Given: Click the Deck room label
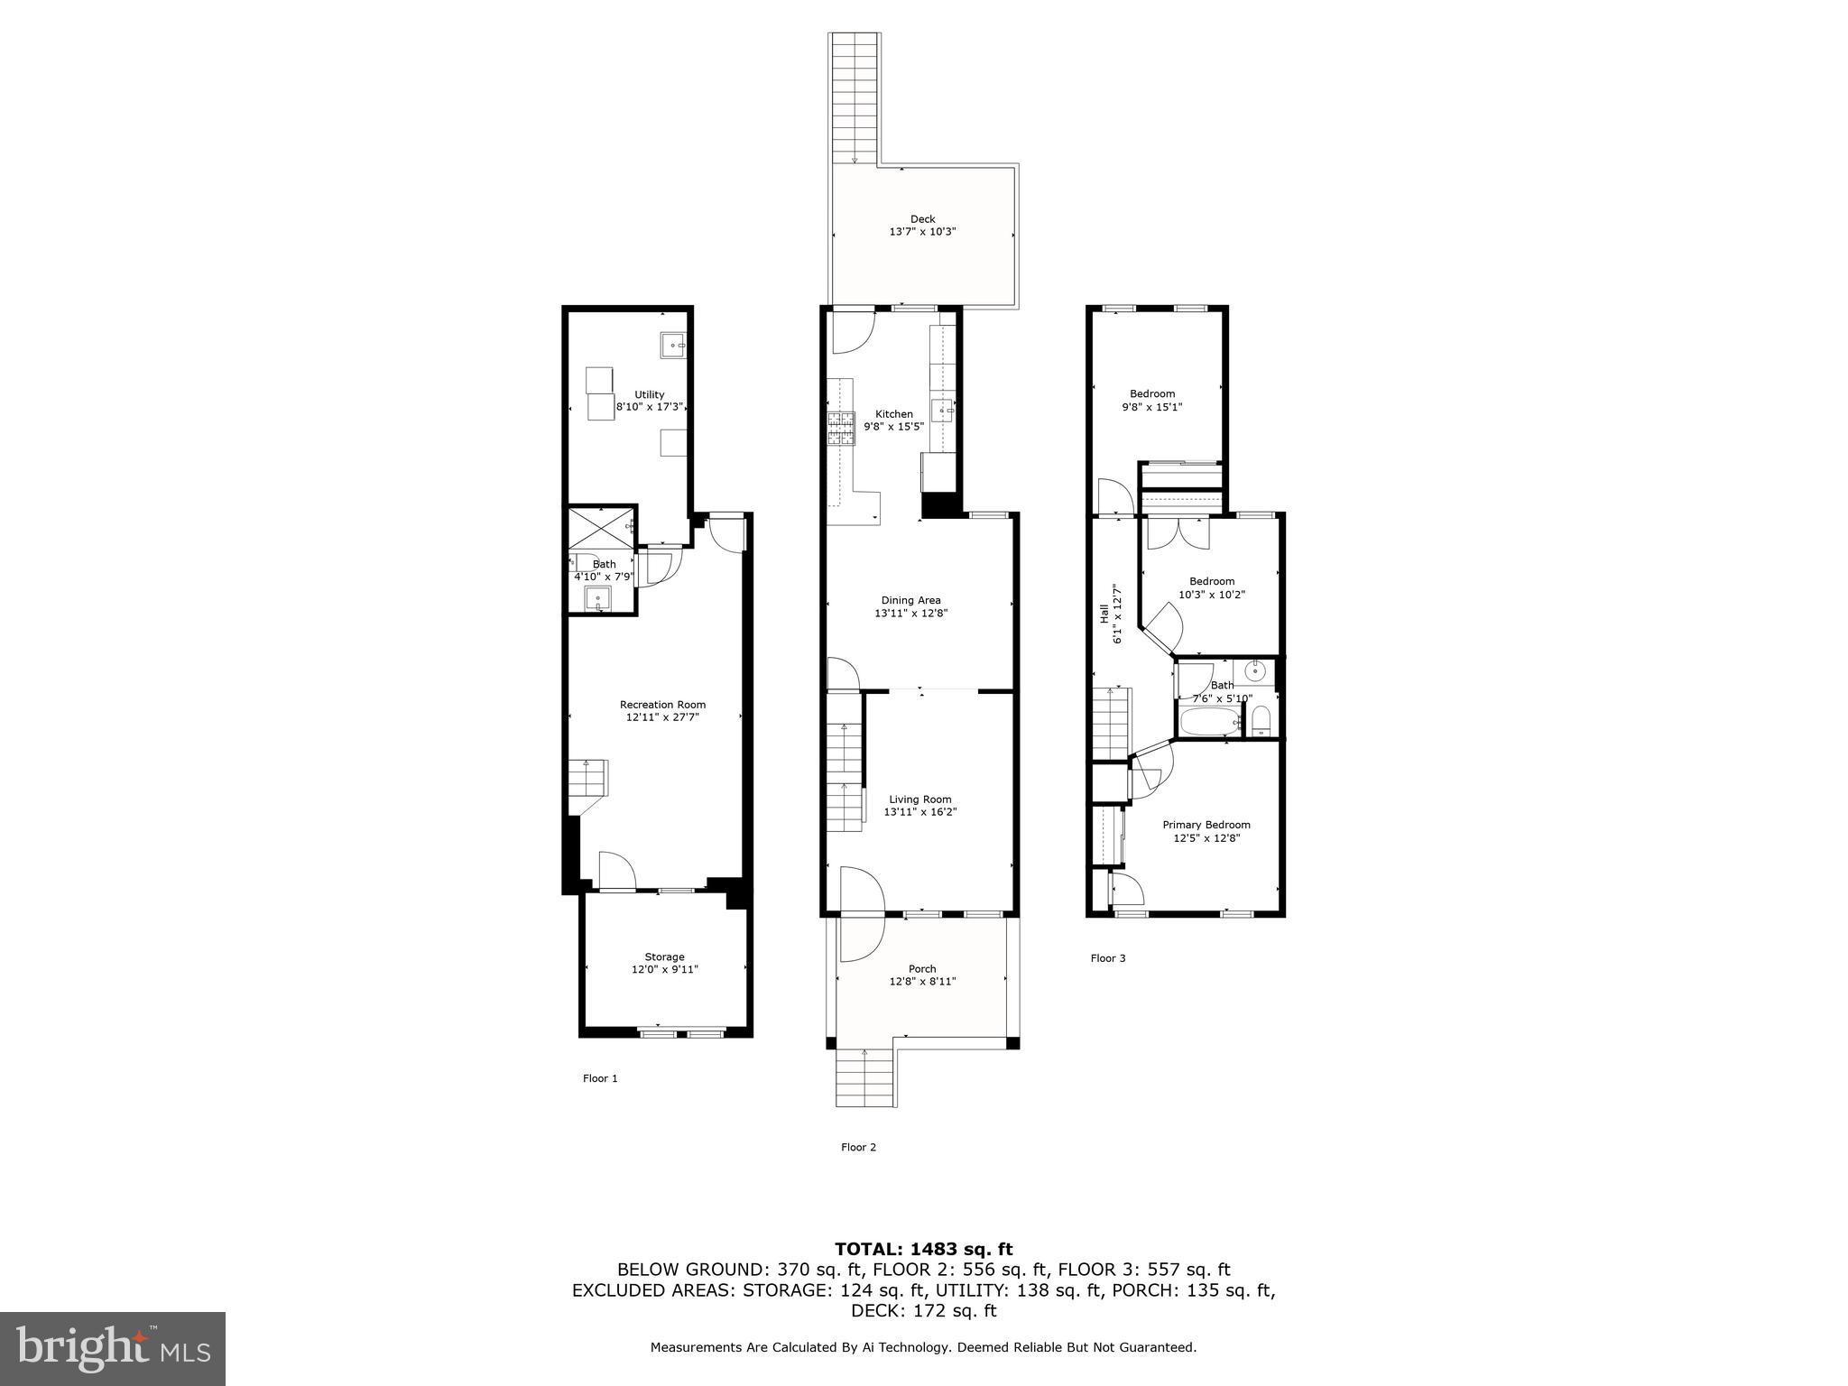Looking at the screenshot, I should pos(922,219).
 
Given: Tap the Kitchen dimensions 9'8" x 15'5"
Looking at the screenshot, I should pos(893,427).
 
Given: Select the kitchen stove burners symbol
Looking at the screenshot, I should pos(841,429).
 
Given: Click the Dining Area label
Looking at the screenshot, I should pos(910,600).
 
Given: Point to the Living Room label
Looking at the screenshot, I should pos(919,799).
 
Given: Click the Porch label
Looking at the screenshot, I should pos(922,969).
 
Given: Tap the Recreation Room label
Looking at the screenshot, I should pos(662,705).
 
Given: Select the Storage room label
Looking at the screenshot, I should pos(664,957).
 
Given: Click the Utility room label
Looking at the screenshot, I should pos(649,394).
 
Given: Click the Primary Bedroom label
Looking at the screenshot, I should pos(1206,825).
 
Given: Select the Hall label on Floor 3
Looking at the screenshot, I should pos(1104,614).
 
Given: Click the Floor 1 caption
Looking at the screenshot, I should pos(600,1078).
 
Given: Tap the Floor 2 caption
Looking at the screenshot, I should pos(858,1148).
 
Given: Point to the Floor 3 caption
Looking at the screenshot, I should pos(1107,958).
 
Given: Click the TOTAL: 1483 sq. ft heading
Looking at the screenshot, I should pos(923,1249).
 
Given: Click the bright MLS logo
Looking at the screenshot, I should pos(113,1349).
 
